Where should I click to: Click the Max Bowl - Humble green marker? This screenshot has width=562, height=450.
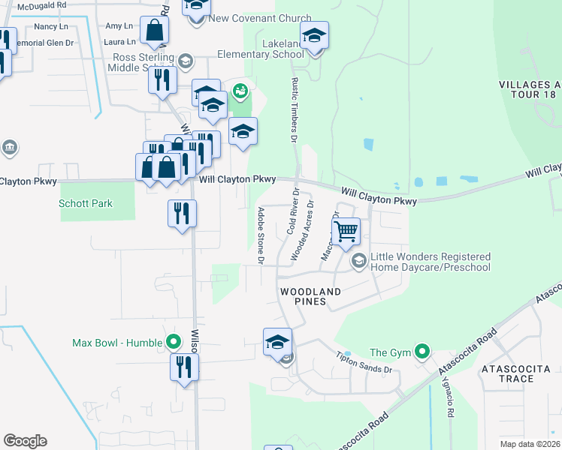tap(174, 343)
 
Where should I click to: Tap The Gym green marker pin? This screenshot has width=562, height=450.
tap(422, 352)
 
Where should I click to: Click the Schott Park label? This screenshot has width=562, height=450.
tap(85, 203)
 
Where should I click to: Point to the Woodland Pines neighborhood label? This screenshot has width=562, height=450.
tap(310, 296)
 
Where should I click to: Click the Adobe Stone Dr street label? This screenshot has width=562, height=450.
tap(261, 235)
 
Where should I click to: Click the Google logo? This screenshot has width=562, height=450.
tap(25, 441)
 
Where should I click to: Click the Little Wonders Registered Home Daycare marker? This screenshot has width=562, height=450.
tap(358, 260)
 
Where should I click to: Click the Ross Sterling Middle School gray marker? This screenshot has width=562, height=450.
tap(186, 60)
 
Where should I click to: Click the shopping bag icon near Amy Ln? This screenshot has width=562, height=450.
tap(154, 31)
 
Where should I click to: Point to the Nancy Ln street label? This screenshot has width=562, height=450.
tap(52, 26)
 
